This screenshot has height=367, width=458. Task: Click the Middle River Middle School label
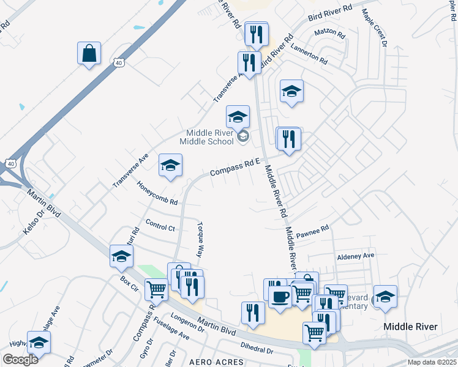tap(210, 137)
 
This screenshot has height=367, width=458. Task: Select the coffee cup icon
tap(280, 297)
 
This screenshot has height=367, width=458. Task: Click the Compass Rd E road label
tap(236, 167)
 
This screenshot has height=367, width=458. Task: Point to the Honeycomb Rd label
tap(157, 193)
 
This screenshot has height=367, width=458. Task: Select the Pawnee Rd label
tap(313, 230)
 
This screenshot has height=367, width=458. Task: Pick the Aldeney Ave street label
tap(355, 256)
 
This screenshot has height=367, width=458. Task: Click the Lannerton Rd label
tap(309, 53)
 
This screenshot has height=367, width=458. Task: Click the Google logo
tap(20, 360)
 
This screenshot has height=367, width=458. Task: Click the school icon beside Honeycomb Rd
tap(171, 165)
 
